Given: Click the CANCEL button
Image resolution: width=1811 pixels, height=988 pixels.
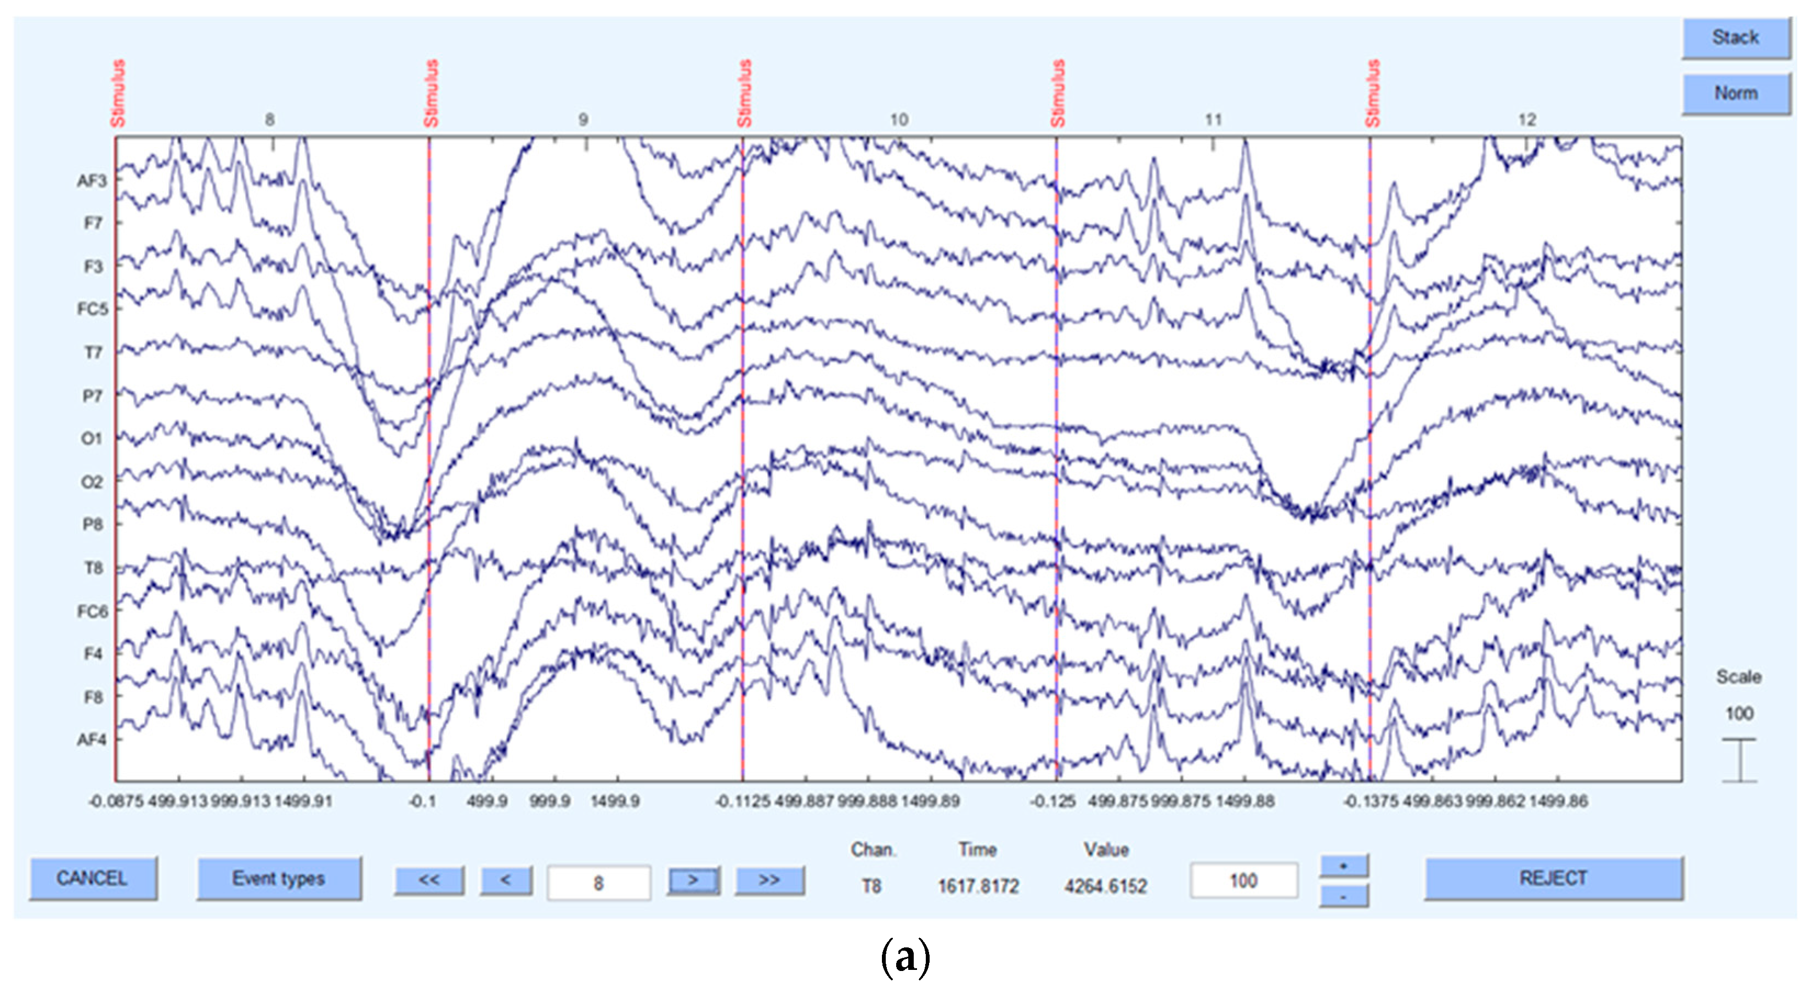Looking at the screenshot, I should click(x=92, y=878).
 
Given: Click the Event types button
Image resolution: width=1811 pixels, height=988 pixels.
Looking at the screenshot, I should click(x=279, y=878).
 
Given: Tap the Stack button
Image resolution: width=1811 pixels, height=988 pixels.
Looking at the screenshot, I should click(x=1735, y=37).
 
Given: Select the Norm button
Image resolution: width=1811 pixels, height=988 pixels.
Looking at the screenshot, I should click(x=1735, y=93).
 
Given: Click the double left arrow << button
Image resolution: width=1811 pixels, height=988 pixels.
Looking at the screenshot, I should click(x=429, y=880).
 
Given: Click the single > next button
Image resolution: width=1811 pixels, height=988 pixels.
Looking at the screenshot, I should click(x=693, y=880).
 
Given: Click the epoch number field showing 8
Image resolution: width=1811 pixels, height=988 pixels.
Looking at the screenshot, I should click(x=598, y=883).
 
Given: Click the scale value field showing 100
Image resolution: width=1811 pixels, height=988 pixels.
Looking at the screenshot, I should click(x=1243, y=880).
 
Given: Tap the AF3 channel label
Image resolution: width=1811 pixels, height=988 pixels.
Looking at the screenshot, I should click(x=92, y=180).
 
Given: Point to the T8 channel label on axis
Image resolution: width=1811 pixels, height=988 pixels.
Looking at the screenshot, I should click(x=93, y=567).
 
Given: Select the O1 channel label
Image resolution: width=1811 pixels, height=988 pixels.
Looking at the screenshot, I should click(x=92, y=439).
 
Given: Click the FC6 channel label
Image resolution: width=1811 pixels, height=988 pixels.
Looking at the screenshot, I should click(x=92, y=611).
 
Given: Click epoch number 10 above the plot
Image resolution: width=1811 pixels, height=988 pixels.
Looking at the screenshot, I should click(x=899, y=120).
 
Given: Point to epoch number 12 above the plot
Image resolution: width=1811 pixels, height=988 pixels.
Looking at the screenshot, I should click(x=1527, y=120).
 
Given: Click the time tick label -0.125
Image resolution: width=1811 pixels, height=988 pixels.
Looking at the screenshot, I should click(x=1052, y=801).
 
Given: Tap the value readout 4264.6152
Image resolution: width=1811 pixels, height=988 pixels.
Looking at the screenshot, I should click(x=1105, y=886).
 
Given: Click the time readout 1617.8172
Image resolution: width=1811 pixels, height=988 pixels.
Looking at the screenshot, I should click(x=978, y=886).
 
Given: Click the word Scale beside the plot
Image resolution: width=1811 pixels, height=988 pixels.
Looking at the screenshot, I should click(x=1739, y=676).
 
